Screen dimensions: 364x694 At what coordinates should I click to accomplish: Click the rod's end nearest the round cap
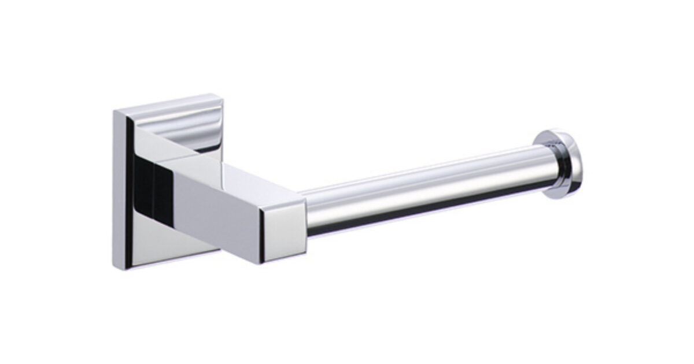click(x=535, y=165)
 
